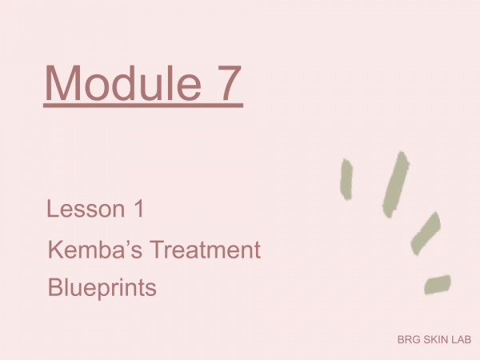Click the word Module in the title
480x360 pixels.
(123, 82)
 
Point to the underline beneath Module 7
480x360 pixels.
(143, 106)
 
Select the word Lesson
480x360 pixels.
(86, 209)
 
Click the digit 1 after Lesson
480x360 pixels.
(139, 209)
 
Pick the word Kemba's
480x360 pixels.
(95, 250)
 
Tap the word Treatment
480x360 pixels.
(205, 250)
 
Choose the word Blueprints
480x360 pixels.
(102, 288)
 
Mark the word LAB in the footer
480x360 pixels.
(462, 339)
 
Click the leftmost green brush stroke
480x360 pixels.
(346, 179)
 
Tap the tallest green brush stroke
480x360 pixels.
(395, 184)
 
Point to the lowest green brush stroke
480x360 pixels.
(438, 285)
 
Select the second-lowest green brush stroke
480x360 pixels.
(426, 234)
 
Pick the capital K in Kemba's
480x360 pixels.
(55, 250)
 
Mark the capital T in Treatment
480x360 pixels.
(158, 250)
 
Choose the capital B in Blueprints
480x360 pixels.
(55, 287)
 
